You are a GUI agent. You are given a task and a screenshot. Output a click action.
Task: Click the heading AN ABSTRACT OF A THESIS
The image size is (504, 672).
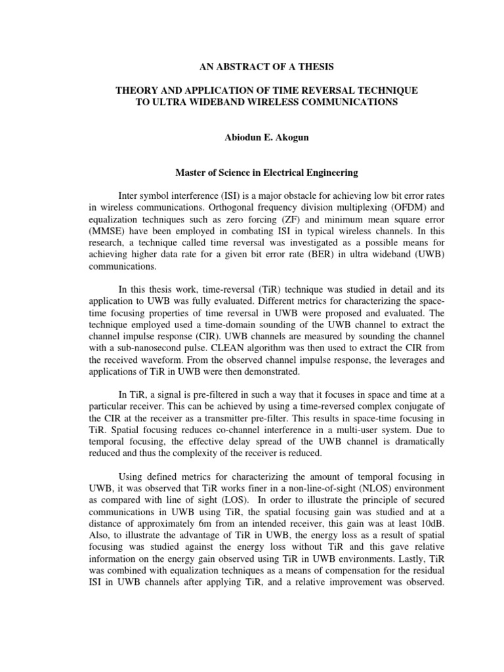[251, 66]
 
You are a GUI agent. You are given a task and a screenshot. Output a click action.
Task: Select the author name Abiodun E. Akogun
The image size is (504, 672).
[251, 138]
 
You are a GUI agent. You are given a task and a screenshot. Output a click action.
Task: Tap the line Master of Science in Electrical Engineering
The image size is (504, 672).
[251, 173]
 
